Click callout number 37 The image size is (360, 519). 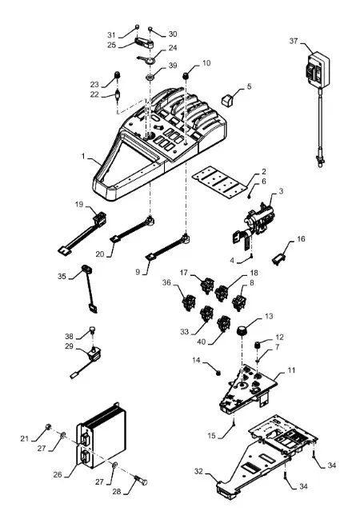point(294,41)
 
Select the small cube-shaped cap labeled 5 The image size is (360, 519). point(227,99)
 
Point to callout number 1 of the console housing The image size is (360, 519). point(83,156)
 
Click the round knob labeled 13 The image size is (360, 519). point(242,330)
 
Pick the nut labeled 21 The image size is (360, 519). point(48,426)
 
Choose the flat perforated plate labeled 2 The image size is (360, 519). point(220,182)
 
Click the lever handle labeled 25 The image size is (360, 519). point(144,43)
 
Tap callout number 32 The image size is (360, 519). point(198,471)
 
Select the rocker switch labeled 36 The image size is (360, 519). point(189,301)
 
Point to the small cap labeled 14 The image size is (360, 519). point(218,373)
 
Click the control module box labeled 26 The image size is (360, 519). point(101,438)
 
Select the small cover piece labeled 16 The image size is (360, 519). point(278,259)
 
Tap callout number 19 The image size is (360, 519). point(79,204)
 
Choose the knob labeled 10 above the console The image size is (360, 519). point(186,76)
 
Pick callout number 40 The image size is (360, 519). point(202,341)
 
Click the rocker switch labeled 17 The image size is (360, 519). point(207,285)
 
